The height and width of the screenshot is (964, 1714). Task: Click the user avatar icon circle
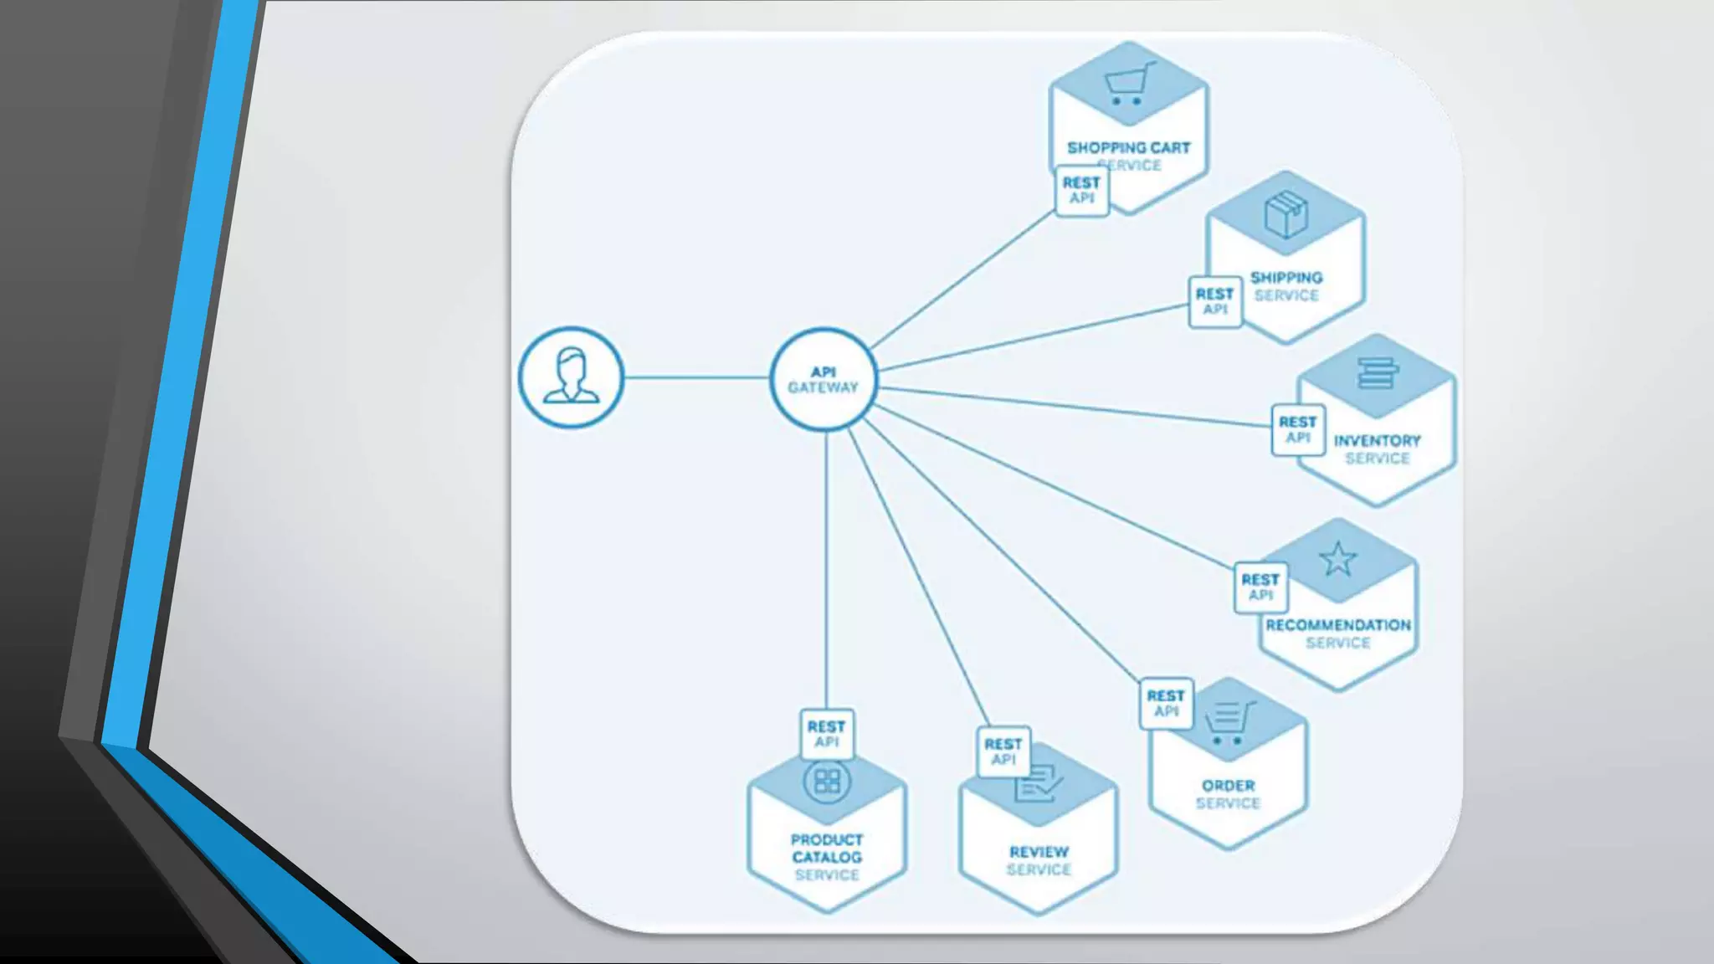coord(571,377)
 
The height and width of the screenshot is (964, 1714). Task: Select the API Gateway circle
coord(824,379)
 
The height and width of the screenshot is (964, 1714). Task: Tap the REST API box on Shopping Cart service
coord(1081,191)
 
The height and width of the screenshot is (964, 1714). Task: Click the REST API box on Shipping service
coord(1214,301)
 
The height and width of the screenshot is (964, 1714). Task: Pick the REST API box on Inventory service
coord(1297,430)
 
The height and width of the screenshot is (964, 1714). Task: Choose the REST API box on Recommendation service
coord(1260,587)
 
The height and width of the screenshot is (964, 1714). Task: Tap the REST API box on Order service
coord(1166,704)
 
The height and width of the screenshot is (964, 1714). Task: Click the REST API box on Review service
coord(1003,751)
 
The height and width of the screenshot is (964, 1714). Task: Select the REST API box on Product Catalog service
coord(826,735)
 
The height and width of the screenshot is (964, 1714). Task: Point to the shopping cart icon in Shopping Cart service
coord(1128,84)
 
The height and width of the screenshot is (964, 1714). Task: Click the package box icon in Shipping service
coord(1285,214)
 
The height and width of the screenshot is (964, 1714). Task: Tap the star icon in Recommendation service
coord(1337,559)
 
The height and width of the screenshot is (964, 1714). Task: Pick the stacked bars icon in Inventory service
coord(1377,373)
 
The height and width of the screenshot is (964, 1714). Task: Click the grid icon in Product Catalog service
coord(827,782)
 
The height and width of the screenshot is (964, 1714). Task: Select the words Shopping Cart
coord(1128,148)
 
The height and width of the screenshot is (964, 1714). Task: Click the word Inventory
coord(1377,441)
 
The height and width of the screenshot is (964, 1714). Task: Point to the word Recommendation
coord(1337,625)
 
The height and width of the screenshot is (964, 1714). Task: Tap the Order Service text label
coord(1228,794)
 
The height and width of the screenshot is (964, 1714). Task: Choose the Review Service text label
coord(1039,860)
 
